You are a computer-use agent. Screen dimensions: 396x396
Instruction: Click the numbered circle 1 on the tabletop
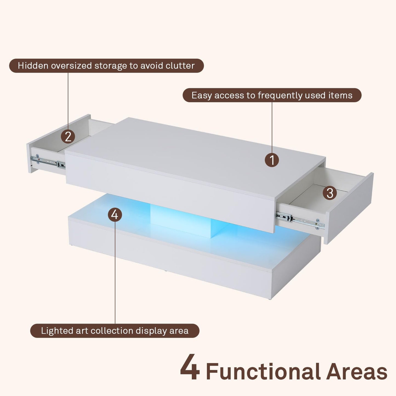(272, 160)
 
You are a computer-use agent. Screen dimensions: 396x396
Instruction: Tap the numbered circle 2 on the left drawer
(68, 136)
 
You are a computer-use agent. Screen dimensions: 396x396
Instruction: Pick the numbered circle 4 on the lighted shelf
(115, 214)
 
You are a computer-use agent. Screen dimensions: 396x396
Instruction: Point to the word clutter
(180, 66)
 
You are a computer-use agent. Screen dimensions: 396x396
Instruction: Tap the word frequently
(280, 95)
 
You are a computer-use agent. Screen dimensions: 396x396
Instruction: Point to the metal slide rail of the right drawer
(300, 221)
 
